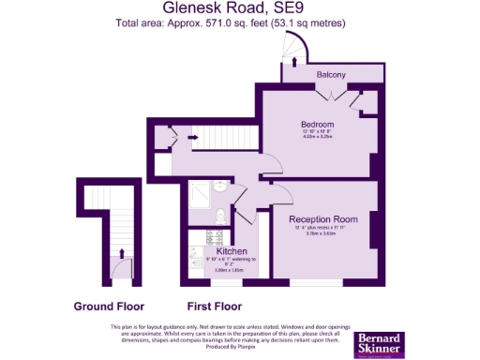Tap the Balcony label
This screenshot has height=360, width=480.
click(330, 75)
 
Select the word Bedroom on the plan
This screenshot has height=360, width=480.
click(317, 124)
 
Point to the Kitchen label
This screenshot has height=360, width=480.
click(232, 251)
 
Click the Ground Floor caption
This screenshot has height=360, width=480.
click(109, 307)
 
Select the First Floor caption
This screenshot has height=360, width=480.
click(215, 307)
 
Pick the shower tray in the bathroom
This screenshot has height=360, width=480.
click(199, 193)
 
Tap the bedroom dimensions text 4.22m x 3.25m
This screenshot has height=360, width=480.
click(317, 138)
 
